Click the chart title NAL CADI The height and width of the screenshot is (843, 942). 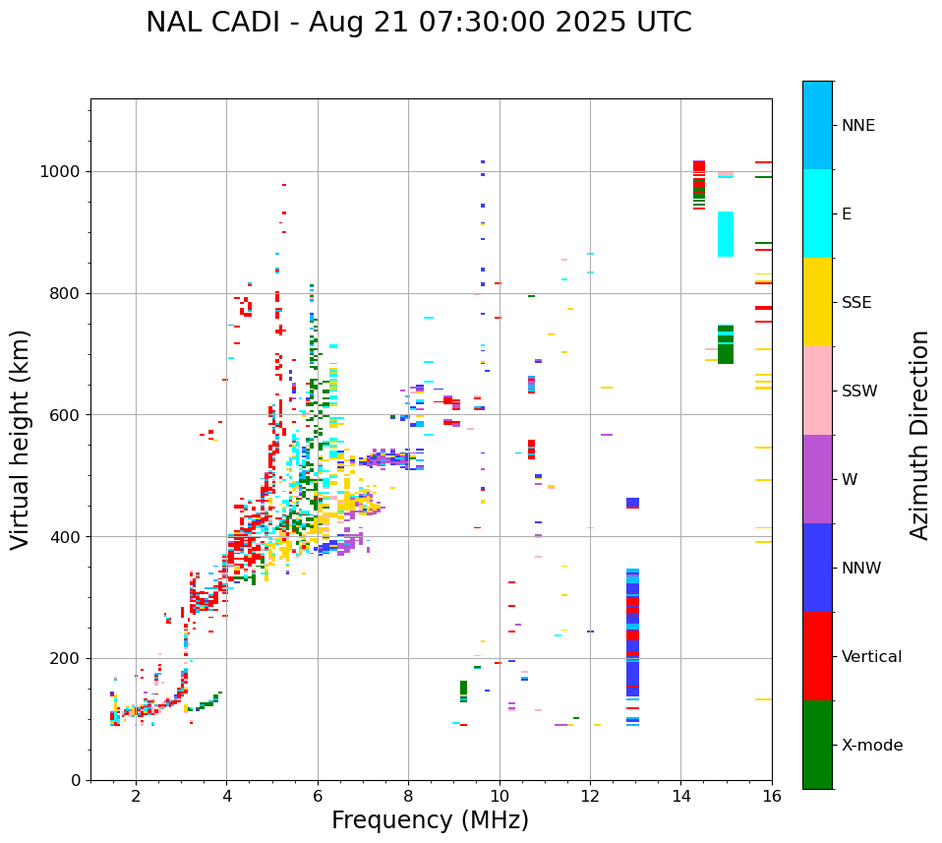click(418, 23)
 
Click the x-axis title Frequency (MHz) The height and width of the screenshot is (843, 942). click(430, 820)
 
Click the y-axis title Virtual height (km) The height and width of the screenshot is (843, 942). click(21, 440)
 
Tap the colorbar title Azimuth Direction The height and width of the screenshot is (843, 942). click(919, 435)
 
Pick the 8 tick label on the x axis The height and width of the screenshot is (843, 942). click(408, 796)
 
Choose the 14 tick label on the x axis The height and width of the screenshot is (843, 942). click(680, 796)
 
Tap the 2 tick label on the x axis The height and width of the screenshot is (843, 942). click(136, 796)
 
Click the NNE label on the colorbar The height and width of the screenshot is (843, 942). click(857, 126)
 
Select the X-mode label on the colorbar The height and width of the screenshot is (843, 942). click(871, 746)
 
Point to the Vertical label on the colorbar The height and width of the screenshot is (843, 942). click(871, 657)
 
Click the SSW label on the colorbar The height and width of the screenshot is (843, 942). click(859, 391)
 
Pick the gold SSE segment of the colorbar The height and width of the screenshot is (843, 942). click(817, 302)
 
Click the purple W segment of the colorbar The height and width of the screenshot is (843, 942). click(817, 479)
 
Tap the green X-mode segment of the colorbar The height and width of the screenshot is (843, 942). click(817, 745)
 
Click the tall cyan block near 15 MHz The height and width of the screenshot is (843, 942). click(726, 234)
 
